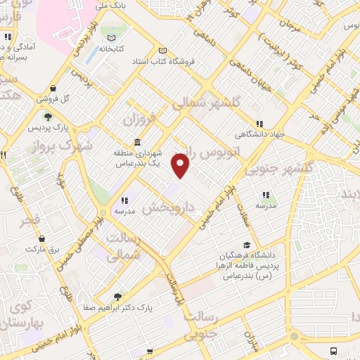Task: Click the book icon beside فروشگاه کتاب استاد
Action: click(x=163, y=51)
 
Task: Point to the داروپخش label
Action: click(x=172, y=207)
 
